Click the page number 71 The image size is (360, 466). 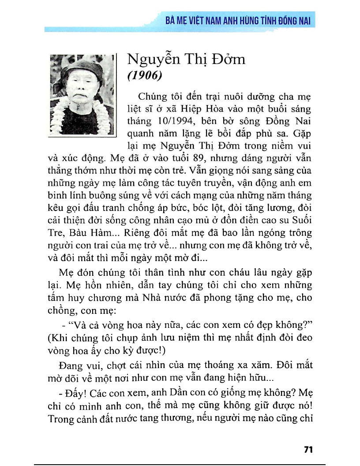point(308,450)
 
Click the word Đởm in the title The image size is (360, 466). point(228,59)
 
